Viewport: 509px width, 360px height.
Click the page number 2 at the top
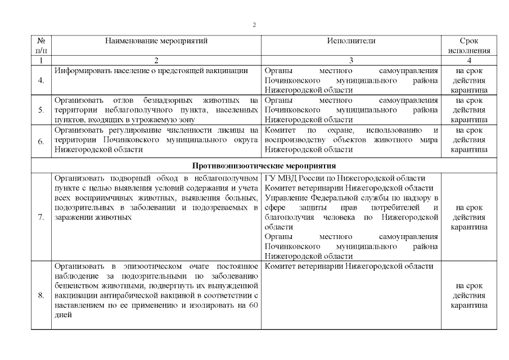[x=254, y=25]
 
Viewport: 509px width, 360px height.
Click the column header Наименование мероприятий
[x=156, y=41]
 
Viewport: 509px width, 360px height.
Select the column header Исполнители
[x=351, y=41]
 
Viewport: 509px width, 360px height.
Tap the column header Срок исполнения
[x=469, y=46]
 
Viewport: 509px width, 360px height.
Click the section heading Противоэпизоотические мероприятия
[x=264, y=166]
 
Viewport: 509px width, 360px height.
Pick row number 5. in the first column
[x=42, y=110]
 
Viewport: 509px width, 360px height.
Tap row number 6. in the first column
[x=42, y=141]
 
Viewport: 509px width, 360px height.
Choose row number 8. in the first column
[x=42, y=295]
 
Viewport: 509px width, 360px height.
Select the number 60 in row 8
[x=253, y=305]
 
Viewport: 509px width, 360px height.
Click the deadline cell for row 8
[x=469, y=295]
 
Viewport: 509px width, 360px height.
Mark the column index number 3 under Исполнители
[x=351, y=60]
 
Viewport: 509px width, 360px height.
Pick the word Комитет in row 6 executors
[x=280, y=130]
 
